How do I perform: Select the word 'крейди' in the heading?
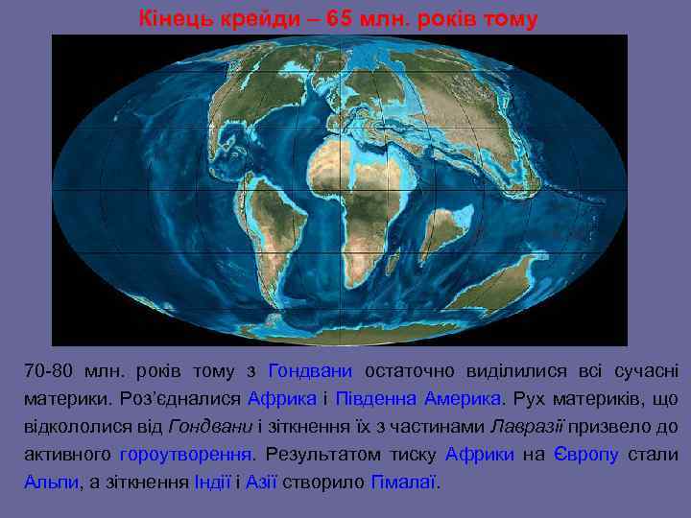258,18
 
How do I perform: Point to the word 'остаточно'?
408,371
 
